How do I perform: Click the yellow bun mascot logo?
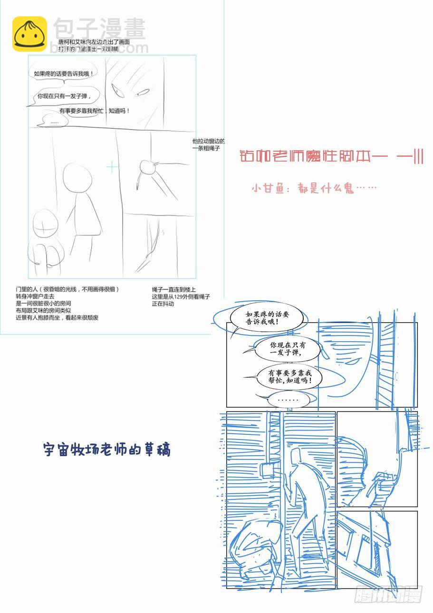29,34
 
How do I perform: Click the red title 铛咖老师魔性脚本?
331,157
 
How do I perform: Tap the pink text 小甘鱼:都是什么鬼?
314,189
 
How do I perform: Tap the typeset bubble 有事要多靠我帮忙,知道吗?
289,377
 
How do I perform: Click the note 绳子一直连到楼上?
174,289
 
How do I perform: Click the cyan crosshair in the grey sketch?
112,167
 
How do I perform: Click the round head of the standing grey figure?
77,178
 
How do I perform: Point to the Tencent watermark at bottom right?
388,594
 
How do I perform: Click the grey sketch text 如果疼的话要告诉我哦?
63,74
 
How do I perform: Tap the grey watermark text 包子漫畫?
99,29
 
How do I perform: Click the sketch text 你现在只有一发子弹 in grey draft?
64,96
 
